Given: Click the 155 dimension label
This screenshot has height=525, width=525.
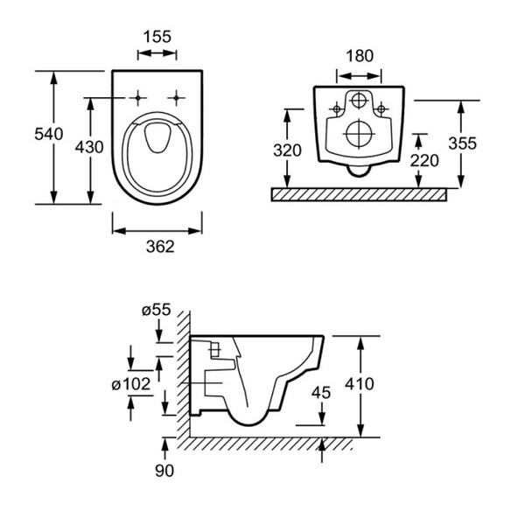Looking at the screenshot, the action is pos(157,37).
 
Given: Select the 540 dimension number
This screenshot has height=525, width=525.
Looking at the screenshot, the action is pos(48,134).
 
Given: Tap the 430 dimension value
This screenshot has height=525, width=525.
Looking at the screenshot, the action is pos(89,147).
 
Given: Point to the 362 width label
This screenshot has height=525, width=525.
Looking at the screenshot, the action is pos(160,247).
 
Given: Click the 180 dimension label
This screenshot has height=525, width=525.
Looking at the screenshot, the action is pos(360,56).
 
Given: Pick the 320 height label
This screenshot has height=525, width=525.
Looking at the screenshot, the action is pos(287,150).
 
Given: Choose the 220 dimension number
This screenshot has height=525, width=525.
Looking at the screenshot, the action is pos(424,161).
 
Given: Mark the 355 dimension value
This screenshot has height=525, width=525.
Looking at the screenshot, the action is pos(462,143).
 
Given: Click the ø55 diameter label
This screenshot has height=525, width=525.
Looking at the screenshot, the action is pos(157,310).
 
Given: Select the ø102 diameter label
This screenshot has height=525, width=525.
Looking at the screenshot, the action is pos(131,384).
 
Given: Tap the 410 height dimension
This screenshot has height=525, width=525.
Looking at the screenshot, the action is pos(360,384).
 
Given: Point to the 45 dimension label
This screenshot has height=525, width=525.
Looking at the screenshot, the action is pos(321,392).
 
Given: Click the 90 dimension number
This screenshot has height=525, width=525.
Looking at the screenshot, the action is pos(164,471).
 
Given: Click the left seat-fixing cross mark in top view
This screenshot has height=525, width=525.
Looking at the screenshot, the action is pos(137,98).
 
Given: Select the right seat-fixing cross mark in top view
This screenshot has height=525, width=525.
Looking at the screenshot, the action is pos(177,98).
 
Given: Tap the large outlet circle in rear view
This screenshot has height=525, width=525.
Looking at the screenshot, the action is pos(359,134).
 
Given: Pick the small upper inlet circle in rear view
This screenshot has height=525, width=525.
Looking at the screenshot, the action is pos(359,100).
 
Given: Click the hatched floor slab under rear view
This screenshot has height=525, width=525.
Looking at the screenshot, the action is pos(359,195).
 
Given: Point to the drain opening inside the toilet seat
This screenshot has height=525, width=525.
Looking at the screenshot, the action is pos(157,137).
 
